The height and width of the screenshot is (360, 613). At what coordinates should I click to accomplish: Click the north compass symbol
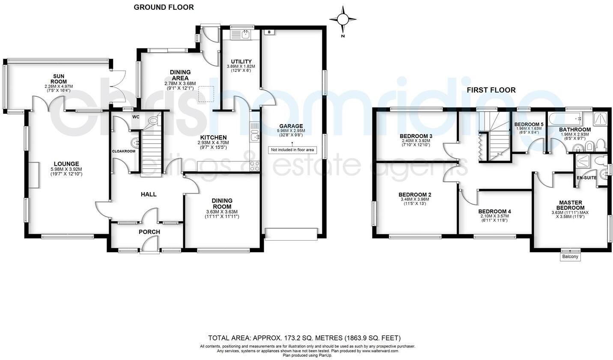[342, 20]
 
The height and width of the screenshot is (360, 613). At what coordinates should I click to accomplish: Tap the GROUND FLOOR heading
[164, 7]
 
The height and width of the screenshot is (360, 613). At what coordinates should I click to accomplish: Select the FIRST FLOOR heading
[491, 90]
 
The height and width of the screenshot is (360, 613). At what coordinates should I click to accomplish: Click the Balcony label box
[570, 257]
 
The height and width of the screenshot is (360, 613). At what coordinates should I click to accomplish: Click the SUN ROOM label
[59, 79]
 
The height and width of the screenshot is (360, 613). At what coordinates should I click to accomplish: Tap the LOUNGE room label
[66, 164]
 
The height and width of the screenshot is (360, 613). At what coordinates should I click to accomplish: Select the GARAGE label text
[292, 126]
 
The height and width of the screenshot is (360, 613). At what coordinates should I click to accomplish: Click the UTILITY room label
[241, 62]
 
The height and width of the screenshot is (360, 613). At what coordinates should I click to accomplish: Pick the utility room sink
[246, 35]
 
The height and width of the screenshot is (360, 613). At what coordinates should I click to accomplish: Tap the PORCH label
[149, 232]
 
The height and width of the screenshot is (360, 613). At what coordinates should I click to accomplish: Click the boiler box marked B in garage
[269, 32]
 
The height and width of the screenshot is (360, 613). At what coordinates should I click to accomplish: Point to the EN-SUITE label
[586, 177]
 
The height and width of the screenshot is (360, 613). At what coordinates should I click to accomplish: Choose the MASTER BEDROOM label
[571, 205]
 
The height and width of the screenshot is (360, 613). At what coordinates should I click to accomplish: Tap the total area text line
[304, 338]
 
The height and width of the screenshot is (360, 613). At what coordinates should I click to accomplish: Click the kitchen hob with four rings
[254, 165]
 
